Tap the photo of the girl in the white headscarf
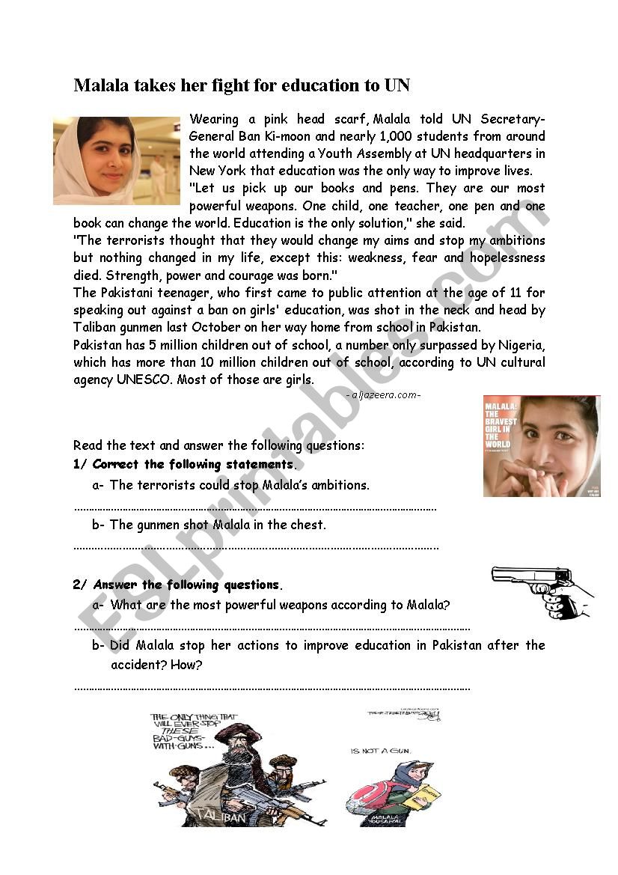[117, 160]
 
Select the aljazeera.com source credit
[384, 395]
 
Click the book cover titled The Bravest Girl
[541, 446]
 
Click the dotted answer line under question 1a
[254, 508]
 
